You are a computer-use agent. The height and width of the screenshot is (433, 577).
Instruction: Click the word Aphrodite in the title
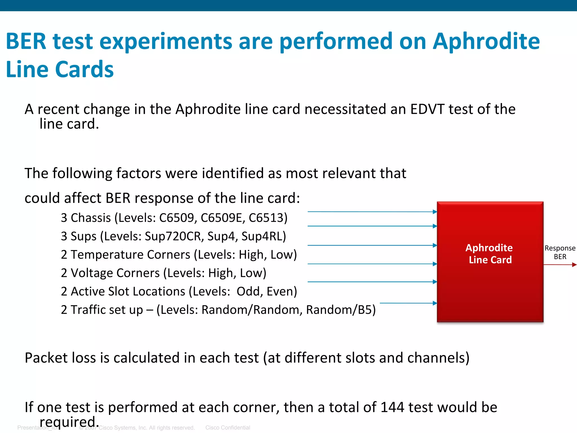(x=486, y=41)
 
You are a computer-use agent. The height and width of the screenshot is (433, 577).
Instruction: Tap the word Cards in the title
(x=84, y=69)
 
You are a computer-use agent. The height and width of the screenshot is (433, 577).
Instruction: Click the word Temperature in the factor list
(x=130, y=255)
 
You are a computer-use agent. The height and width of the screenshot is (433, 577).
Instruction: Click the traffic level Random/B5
(x=341, y=310)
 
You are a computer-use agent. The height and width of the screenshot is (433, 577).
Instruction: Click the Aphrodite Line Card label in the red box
(x=490, y=254)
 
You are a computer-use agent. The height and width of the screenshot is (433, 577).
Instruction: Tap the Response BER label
(x=560, y=252)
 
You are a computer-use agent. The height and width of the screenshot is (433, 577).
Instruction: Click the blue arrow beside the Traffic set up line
(x=408, y=303)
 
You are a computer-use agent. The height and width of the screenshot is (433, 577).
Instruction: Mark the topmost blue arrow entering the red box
(x=372, y=211)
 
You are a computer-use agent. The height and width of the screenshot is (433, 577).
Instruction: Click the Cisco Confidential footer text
(x=228, y=428)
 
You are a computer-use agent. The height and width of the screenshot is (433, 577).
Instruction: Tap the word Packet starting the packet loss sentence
(x=46, y=358)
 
